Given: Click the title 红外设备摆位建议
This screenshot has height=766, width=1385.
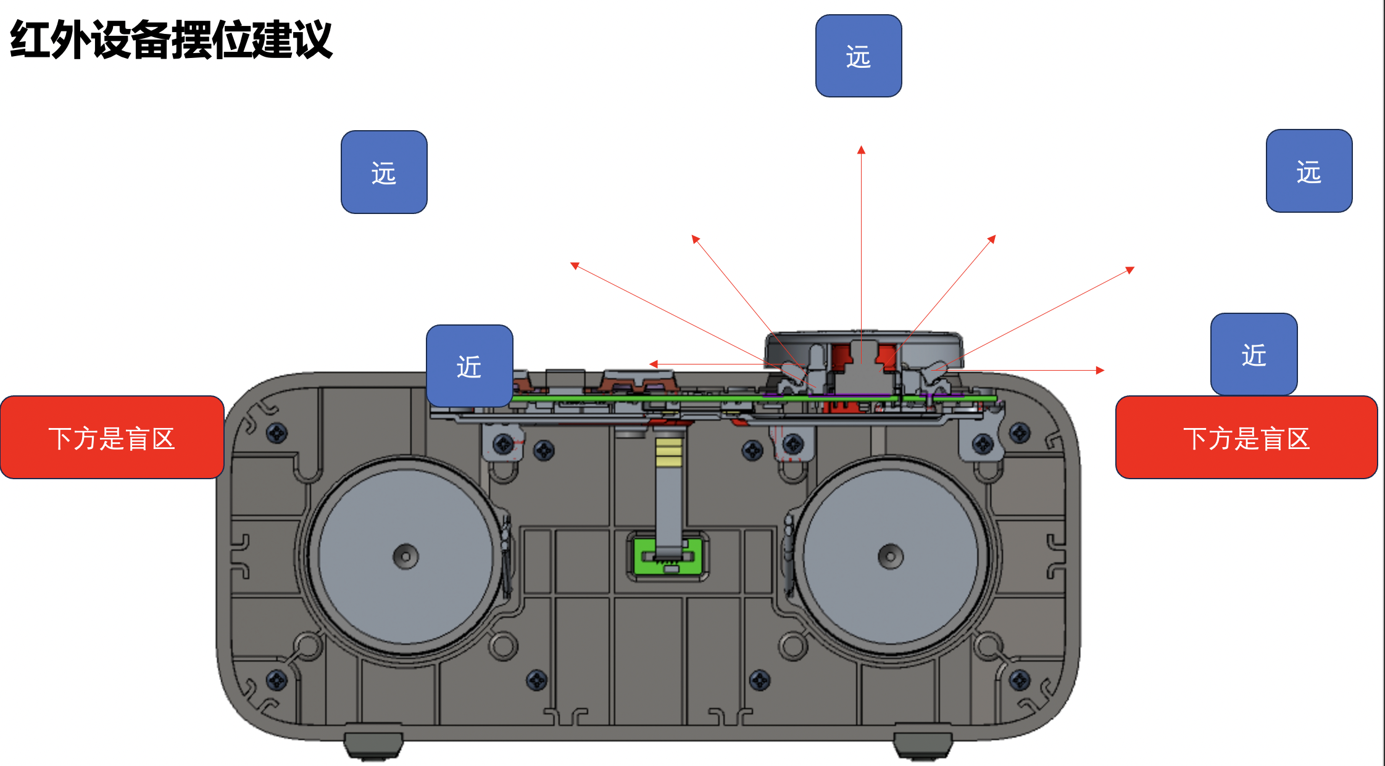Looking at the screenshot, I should [x=172, y=40].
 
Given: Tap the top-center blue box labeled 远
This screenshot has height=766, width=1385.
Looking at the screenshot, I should [x=859, y=56].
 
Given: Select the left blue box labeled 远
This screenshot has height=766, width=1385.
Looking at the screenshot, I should [x=384, y=172].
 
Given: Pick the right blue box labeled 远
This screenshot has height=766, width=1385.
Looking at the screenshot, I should [x=1308, y=171].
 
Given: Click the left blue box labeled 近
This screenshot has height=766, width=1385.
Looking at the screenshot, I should [x=469, y=366].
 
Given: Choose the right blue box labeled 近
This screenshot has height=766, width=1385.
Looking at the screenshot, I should [x=1254, y=354].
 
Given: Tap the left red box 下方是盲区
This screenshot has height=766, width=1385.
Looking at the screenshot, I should [x=112, y=437].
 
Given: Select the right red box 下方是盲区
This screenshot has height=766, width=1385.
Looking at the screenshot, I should [x=1246, y=437].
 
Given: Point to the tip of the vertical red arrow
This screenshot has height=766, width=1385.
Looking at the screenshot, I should [x=861, y=149].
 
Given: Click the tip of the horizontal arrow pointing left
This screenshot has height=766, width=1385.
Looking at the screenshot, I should [x=652, y=364].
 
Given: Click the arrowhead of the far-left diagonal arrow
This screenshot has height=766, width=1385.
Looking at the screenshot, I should [x=574, y=265].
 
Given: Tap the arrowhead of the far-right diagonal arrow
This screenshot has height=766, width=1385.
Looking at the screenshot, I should [x=1131, y=269].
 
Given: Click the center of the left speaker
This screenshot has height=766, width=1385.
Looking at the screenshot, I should [x=406, y=556].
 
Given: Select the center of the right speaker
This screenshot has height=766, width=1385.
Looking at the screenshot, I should [x=890, y=556].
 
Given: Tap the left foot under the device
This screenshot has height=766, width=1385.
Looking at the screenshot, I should [x=373, y=744].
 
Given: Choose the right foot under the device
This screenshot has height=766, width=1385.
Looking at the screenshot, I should [x=923, y=744].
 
